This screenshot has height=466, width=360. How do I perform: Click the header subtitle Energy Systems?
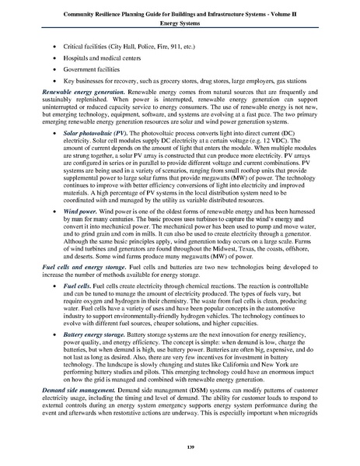click(x=180, y=23)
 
